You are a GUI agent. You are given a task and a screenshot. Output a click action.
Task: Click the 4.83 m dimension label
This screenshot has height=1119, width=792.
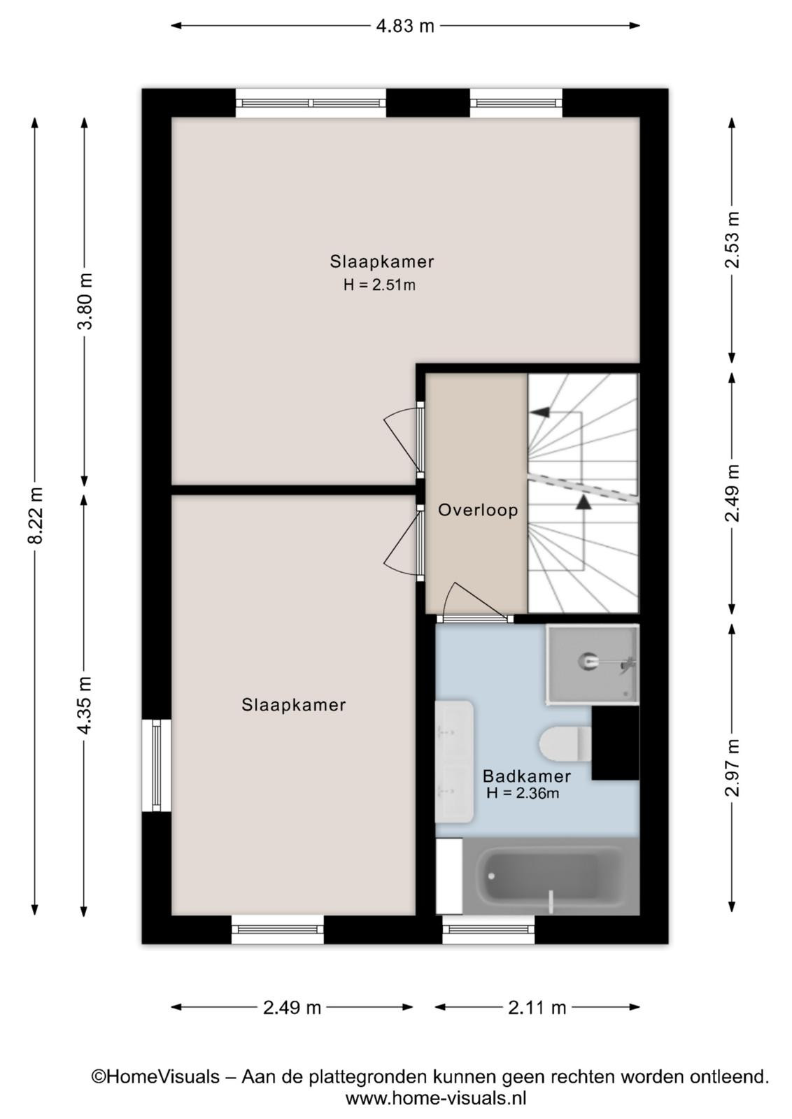[x=404, y=26]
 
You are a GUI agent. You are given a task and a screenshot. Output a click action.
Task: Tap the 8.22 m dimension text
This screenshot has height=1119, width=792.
[x=36, y=515]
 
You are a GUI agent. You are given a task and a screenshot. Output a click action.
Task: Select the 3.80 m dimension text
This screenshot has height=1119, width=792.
[x=85, y=301]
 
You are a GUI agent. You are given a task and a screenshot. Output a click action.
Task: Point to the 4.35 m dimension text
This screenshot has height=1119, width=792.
[x=85, y=706]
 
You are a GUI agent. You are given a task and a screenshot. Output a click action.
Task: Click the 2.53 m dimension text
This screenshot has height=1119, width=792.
[x=732, y=240]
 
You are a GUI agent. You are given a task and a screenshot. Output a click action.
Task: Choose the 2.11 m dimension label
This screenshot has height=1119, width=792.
[x=537, y=1008]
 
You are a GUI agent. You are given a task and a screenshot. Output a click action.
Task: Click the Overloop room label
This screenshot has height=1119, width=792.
[x=478, y=510]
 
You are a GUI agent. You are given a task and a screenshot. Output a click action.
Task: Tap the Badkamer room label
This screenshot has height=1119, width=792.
[x=527, y=776]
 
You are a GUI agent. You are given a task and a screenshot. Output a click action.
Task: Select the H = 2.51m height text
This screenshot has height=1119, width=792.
[x=379, y=285]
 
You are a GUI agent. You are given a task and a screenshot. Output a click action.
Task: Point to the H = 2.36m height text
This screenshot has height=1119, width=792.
[x=523, y=793]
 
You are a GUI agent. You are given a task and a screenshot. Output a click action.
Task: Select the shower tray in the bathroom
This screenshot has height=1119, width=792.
[x=593, y=664]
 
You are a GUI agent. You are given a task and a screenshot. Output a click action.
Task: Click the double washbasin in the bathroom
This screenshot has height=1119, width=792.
[x=454, y=762]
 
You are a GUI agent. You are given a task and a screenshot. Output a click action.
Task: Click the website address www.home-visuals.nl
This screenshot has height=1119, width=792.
[x=435, y=1099]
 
